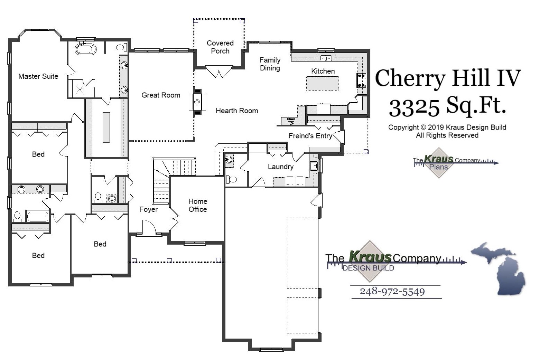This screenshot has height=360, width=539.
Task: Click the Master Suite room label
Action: pyautogui.click(x=38, y=76)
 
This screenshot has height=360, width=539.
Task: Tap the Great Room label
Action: pyautogui.click(x=161, y=95)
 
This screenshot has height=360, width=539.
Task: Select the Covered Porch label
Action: pyautogui.click(x=220, y=47)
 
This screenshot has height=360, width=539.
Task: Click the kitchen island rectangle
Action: pyautogui.click(x=322, y=83)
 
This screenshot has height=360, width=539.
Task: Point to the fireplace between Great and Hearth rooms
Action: pyautogui.click(x=197, y=102)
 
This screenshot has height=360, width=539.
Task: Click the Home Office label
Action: pyautogui.click(x=197, y=205)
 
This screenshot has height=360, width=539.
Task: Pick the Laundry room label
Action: pyautogui.click(x=280, y=167)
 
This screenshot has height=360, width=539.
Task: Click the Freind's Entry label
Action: pyautogui.click(x=310, y=136)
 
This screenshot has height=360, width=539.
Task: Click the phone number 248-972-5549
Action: pyautogui.click(x=392, y=292)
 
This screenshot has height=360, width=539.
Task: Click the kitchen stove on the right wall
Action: pyautogui.click(x=361, y=80)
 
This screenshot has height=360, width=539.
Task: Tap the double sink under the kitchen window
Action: pyautogui.click(x=326, y=58)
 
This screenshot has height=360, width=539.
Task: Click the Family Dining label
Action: pyautogui.click(x=270, y=64)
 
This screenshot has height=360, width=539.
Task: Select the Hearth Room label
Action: pyautogui.click(x=237, y=111)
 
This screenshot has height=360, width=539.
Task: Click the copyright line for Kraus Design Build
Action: pyautogui.click(x=447, y=127)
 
